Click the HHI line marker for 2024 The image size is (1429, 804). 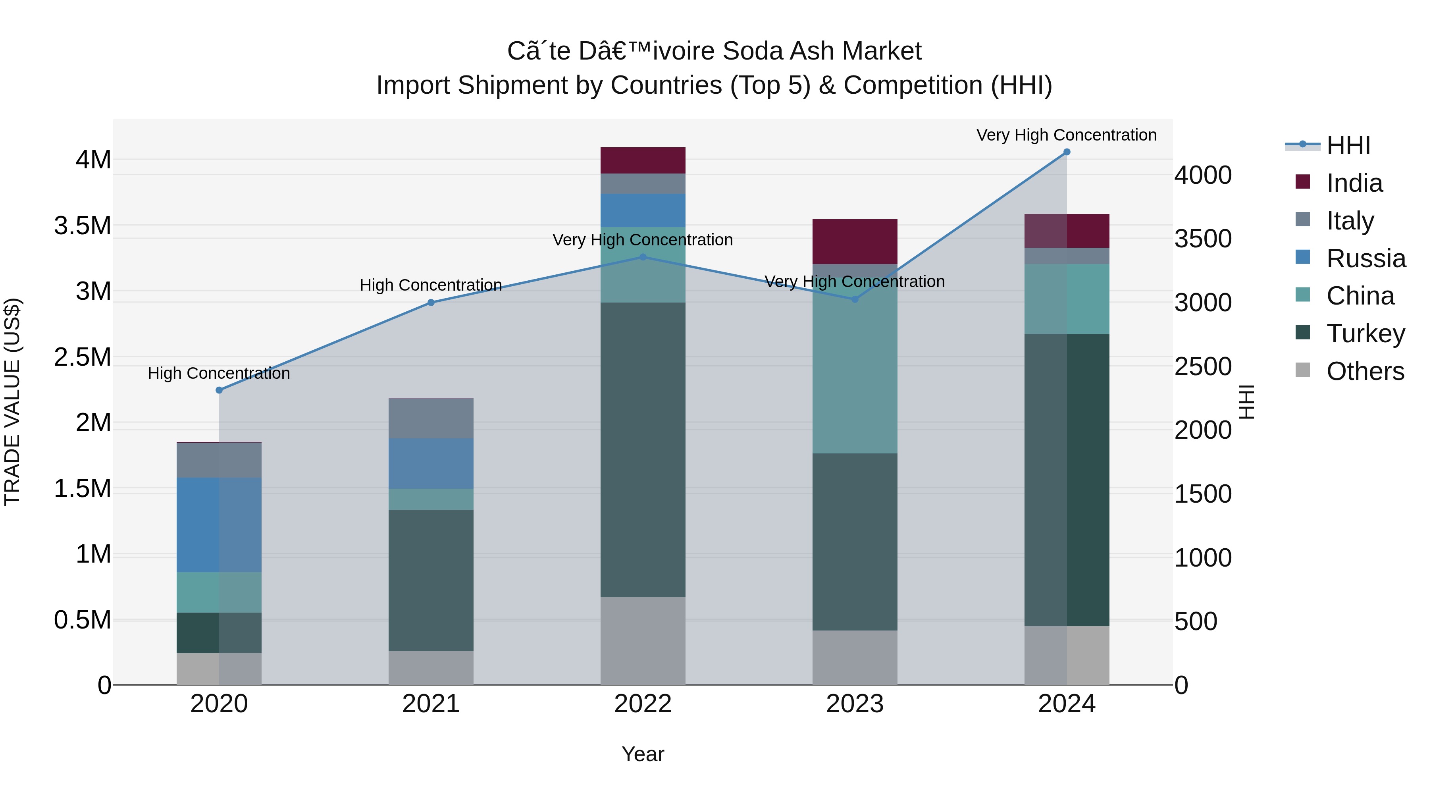[x=1066, y=152]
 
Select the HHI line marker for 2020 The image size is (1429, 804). [x=219, y=390]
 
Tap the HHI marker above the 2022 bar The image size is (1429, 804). [x=643, y=257]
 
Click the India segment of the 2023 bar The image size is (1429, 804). [x=855, y=241]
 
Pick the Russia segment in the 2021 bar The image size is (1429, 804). [x=431, y=463]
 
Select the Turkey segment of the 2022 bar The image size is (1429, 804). [x=643, y=449]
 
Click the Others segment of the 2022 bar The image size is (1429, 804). [x=643, y=641]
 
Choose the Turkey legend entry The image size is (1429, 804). [x=1365, y=334]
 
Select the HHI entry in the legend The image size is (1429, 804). [x=1348, y=145]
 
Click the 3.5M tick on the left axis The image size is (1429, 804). [x=82, y=226]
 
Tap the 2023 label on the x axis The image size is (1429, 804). [x=855, y=704]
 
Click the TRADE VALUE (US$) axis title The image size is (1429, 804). [x=12, y=402]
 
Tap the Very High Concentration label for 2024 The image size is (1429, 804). [x=1066, y=135]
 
